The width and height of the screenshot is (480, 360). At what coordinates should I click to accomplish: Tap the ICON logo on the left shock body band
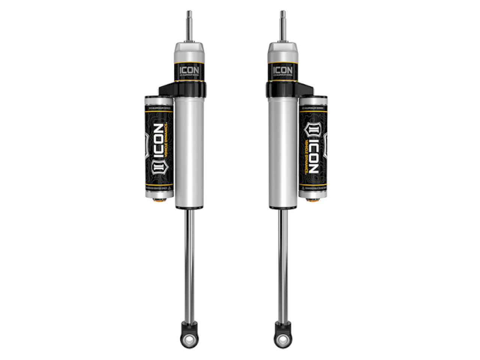189,70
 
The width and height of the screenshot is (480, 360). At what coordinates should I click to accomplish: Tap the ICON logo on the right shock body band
283,70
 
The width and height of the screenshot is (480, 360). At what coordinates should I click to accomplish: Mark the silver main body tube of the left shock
189,150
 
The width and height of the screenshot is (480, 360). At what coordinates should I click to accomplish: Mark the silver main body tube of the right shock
283,150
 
